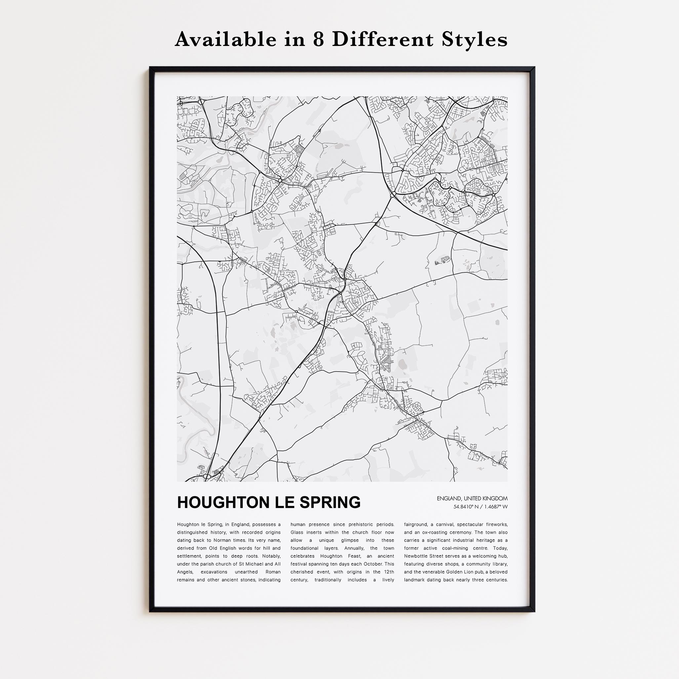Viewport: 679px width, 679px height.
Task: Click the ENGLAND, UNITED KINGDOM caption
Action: click(472, 499)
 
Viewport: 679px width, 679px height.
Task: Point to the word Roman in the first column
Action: click(273, 572)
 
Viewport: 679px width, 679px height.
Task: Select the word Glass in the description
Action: click(297, 533)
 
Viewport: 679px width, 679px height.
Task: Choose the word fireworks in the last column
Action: click(493, 524)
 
